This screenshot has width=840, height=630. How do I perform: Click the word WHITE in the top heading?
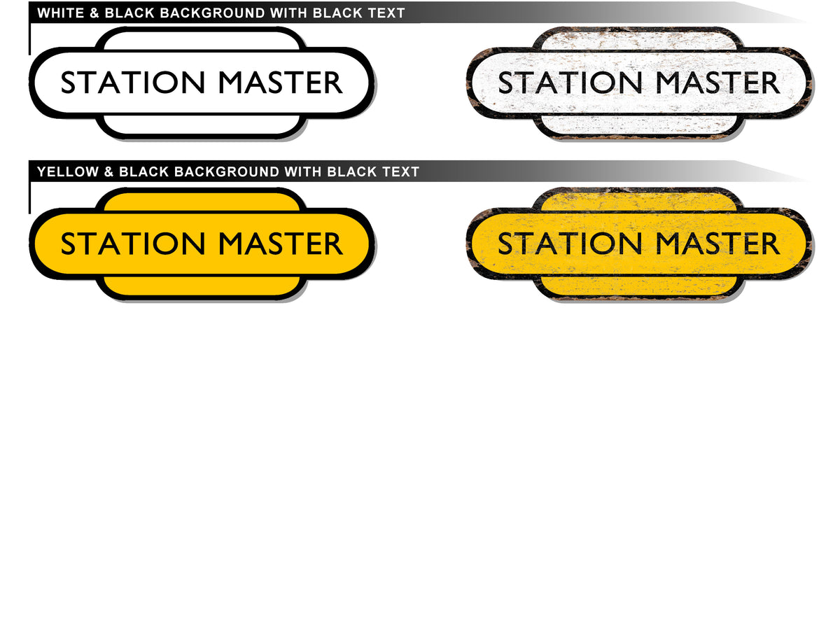[x=59, y=13]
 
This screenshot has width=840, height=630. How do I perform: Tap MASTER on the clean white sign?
[x=280, y=83]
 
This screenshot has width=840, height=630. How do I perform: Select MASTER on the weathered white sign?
[x=717, y=83]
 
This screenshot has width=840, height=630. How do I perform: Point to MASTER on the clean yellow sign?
[x=280, y=244]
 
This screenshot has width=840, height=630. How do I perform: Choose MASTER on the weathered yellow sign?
[x=717, y=244]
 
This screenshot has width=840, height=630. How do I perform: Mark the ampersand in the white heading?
[x=94, y=13]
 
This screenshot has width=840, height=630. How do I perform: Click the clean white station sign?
[x=202, y=122]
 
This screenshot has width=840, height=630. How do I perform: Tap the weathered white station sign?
[x=638, y=122]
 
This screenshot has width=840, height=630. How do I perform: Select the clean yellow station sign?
[x=202, y=283]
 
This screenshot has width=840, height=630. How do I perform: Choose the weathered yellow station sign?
[x=638, y=283]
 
